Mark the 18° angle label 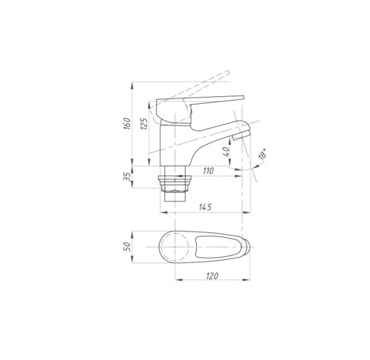point(263,155)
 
